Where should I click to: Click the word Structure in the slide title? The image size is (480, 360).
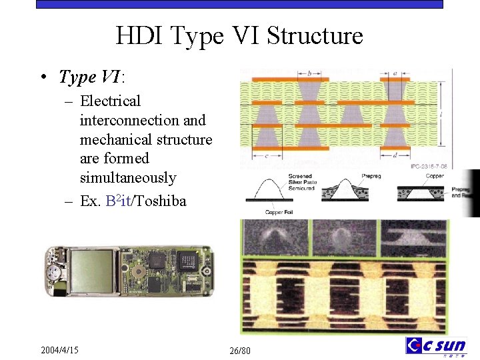315,35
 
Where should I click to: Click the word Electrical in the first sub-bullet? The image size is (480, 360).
110,101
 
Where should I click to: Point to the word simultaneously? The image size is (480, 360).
128,178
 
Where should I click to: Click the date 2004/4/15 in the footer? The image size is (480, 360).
59,349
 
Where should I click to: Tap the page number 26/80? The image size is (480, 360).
239,351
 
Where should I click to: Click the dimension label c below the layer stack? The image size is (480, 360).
266,156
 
